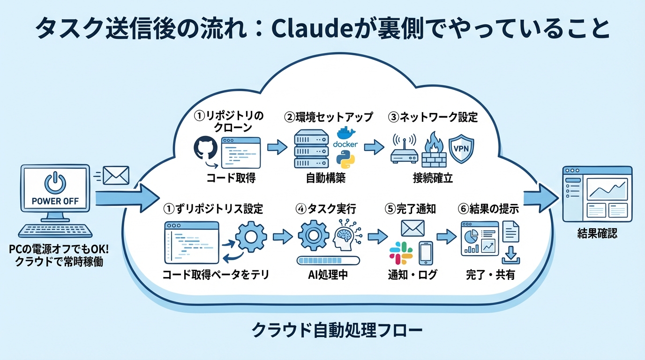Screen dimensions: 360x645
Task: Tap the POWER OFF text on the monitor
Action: point(55,201)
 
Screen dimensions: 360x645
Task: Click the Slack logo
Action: point(401,254)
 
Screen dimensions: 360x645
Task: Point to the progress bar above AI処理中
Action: point(328,260)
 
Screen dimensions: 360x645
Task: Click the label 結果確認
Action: point(597,233)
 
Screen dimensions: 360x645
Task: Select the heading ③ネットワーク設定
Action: point(432,117)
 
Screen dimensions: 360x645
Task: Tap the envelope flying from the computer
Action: point(115,175)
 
